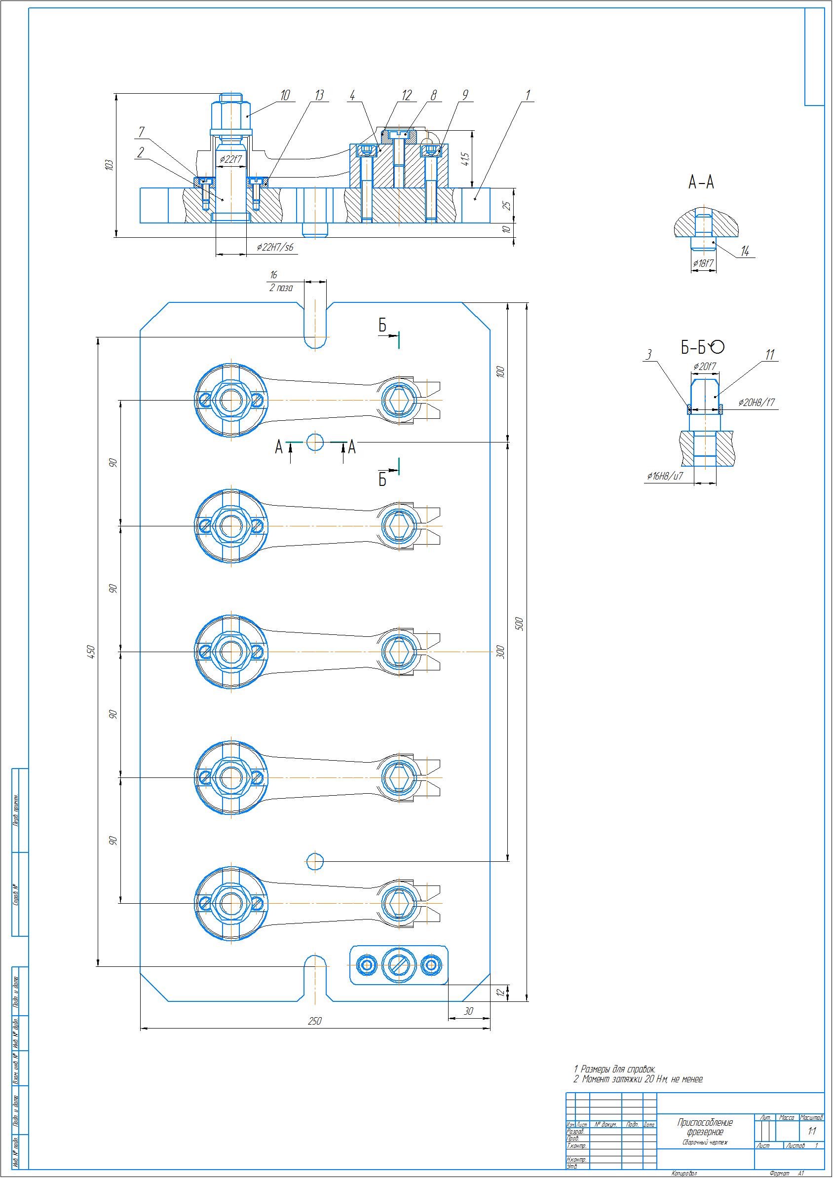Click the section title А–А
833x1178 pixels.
tap(701, 182)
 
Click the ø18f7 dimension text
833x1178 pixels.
tap(703, 263)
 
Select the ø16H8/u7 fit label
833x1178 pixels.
tap(665, 476)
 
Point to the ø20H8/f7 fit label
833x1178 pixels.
tap(757, 402)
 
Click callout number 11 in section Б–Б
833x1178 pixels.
tap(769, 355)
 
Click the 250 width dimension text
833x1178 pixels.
tap(315, 1021)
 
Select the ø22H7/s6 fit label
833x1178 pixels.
tap(276, 248)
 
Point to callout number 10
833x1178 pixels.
tap(285, 95)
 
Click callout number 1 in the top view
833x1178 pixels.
tap(527, 95)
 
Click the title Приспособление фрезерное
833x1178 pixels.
tap(705, 1127)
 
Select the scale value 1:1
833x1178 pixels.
tap(811, 1130)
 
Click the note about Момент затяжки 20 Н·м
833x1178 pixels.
tap(638, 1079)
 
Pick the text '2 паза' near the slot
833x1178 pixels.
tap(281, 289)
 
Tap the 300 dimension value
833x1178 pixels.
tap(501, 652)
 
